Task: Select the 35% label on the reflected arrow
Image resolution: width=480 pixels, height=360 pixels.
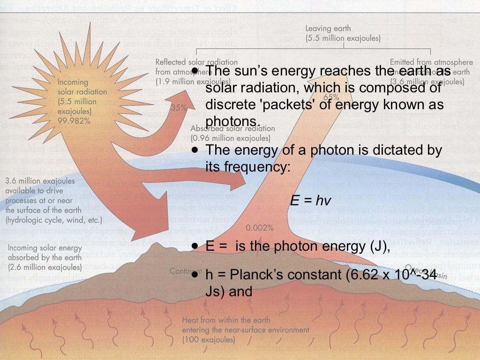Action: point(179,107)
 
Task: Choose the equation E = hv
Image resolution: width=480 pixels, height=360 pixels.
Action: point(310,201)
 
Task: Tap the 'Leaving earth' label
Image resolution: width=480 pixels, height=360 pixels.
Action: point(328,29)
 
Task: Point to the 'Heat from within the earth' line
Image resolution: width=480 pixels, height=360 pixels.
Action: point(226,320)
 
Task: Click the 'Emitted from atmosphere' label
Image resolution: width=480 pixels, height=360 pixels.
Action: point(431,61)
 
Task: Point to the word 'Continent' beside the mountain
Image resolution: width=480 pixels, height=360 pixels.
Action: point(181,271)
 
